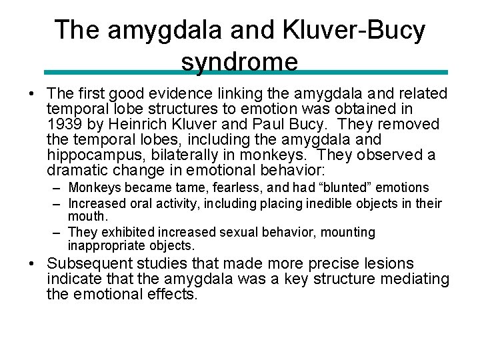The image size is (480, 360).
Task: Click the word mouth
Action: point(87,217)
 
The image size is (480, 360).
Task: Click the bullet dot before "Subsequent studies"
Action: point(33,264)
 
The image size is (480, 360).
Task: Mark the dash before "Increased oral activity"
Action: point(57,203)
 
